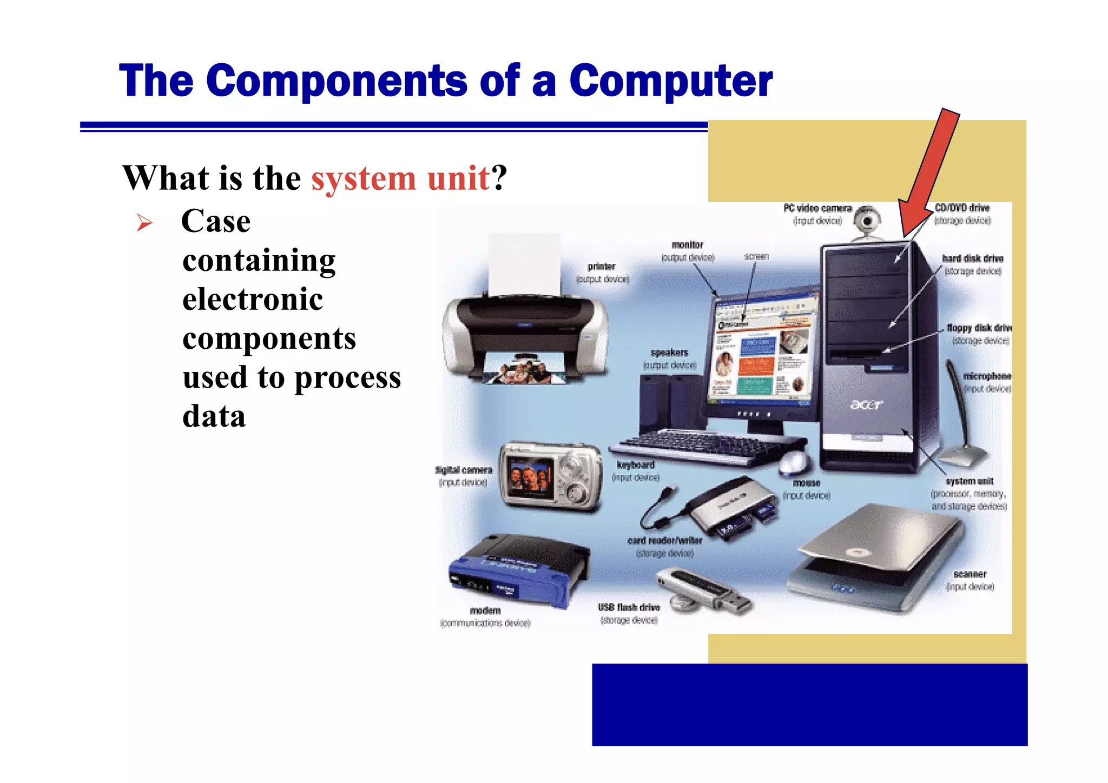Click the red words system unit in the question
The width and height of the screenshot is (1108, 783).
(x=400, y=178)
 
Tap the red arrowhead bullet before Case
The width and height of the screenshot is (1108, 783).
(x=144, y=222)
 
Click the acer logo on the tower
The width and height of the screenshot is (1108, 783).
(x=866, y=404)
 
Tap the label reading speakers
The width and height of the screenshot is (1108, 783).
(x=669, y=353)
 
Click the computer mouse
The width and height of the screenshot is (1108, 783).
(x=794, y=462)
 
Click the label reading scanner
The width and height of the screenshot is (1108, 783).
(x=969, y=574)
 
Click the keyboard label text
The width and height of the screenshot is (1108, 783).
(x=635, y=465)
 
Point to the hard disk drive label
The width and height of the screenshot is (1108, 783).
(x=972, y=258)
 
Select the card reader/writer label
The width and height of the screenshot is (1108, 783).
(x=664, y=541)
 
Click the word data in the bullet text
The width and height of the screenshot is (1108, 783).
(x=214, y=416)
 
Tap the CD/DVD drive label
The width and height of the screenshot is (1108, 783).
(x=962, y=208)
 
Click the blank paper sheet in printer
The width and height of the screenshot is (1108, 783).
(x=524, y=265)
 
